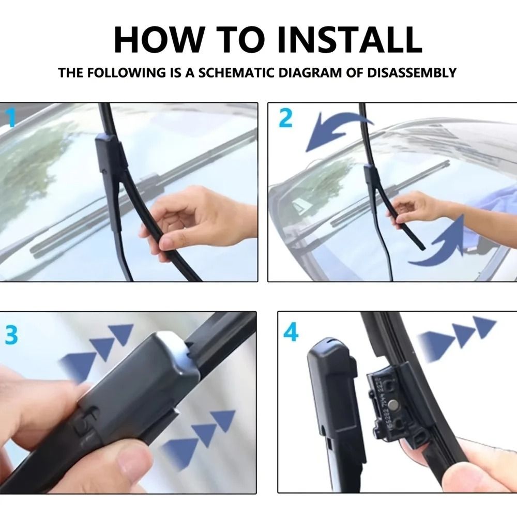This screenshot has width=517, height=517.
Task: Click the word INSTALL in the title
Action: [x=350, y=40]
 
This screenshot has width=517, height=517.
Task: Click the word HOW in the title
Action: [x=158, y=40]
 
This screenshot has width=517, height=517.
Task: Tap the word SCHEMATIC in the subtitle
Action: [x=236, y=72]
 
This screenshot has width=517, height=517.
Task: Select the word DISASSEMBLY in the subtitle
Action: [x=412, y=72]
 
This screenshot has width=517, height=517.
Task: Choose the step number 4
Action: [x=291, y=332]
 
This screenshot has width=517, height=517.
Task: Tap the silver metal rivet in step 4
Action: [x=393, y=405]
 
